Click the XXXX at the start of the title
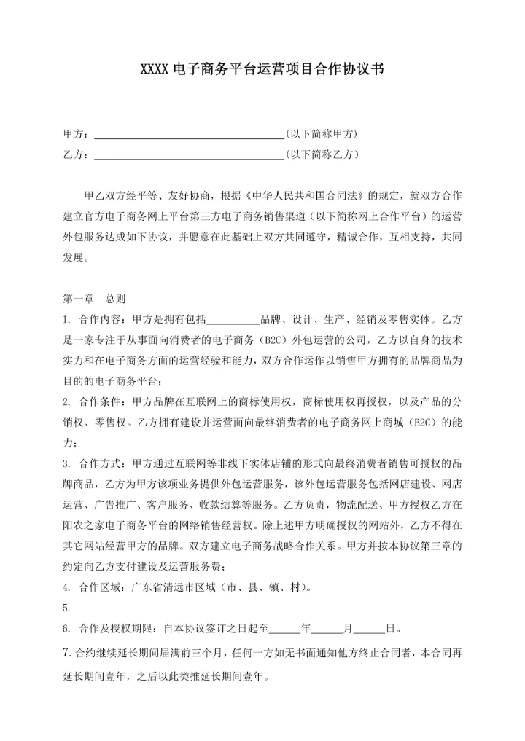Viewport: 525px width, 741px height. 155,70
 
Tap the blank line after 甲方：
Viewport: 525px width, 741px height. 189,135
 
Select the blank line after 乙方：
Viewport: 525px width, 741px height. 189,154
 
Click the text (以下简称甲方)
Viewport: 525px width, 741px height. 322,135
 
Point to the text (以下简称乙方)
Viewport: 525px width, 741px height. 322,154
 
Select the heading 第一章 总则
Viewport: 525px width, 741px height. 95,299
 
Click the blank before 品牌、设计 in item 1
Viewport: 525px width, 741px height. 233,320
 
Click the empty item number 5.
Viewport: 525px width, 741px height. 67,607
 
